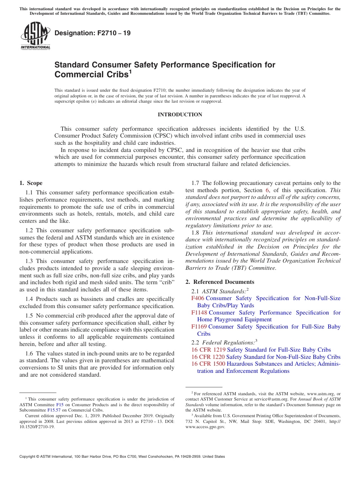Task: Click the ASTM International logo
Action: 35,36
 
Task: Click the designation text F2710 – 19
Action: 92,33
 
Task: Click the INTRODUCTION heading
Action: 180,114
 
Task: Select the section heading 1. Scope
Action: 31,183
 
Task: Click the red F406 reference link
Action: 198,298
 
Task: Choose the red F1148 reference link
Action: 199,313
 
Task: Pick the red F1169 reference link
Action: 199,327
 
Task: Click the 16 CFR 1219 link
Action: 208,350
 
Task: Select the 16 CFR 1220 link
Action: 208,357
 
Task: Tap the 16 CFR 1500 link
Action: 208,364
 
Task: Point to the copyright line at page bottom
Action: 122,457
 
